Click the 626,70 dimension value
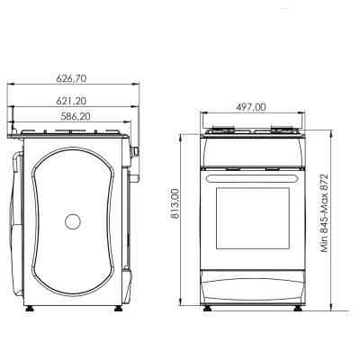[75, 77]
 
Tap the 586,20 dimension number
[75, 116]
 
